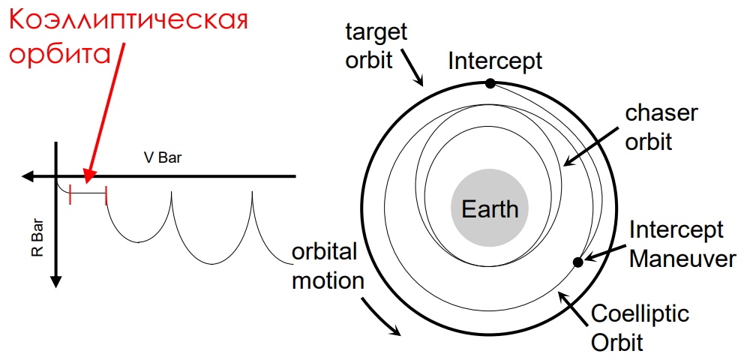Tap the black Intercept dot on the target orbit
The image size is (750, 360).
click(x=490, y=83)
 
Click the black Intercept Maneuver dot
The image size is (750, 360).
click(x=577, y=262)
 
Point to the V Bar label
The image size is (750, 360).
click(x=163, y=157)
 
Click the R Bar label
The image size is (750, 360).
click(x=37, y=238)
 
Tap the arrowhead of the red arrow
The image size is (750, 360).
click(x=88, y=176)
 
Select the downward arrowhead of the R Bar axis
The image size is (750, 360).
click(x=56, y=282)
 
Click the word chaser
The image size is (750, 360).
click(x=661, y=115)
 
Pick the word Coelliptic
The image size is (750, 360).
click(x=640, y=315)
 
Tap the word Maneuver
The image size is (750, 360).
click(x=682, y=258)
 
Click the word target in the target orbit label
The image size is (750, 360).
click(x=376, y=32)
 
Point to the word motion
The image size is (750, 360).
click(x=328, y=280)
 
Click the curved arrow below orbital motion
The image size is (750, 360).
click(x=381, y=316)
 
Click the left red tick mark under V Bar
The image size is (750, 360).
click(x=70, y=195)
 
